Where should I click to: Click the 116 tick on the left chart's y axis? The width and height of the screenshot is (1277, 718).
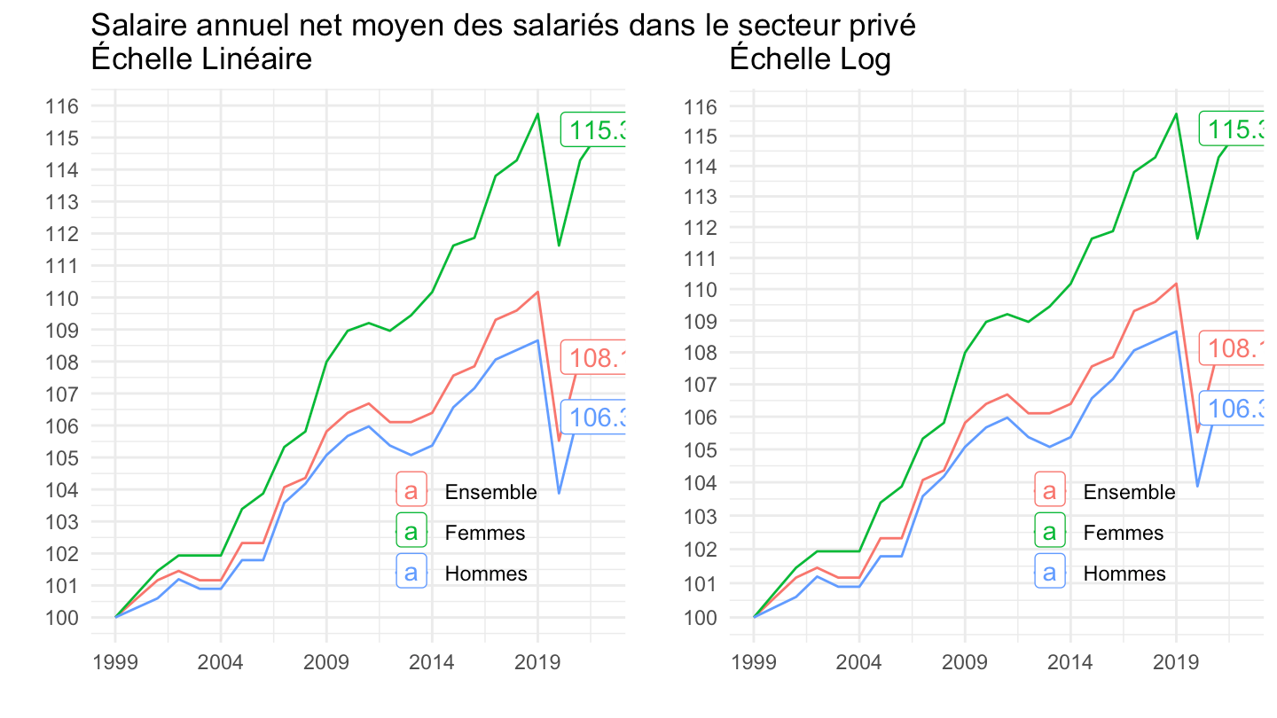point(67,106)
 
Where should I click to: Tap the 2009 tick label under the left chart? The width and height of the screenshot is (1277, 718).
point(326,663)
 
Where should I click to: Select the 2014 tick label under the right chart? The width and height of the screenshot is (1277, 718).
point(1069,663)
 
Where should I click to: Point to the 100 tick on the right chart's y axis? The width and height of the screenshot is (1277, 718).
point(705,617)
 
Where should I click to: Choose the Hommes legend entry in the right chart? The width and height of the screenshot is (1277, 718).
point(1124,574)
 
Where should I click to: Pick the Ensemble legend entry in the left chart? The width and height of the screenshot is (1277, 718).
point(490,492)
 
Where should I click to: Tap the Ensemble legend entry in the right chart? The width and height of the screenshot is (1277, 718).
point(1129,492)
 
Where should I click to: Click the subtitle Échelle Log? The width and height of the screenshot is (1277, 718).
point(810,60)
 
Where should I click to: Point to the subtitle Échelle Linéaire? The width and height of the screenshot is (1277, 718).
point(200,60)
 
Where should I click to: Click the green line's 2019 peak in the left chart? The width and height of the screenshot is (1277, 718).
point(537,113)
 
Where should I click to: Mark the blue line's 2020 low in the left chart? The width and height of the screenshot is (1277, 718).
point(559,493)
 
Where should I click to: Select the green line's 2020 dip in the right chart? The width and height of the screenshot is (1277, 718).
point(1197,238)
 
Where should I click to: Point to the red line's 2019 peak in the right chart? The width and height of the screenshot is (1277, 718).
point(1176,284)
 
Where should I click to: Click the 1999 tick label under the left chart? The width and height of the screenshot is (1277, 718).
point(115,663)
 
